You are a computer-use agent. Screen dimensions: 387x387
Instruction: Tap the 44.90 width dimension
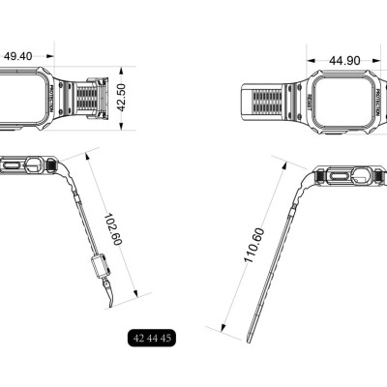(x=344, y=60)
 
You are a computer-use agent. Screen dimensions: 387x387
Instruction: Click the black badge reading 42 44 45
(x=151, y=338)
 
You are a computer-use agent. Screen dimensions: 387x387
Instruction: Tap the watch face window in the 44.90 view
(x=347, y=100)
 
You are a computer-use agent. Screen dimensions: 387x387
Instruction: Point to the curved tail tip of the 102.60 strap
(x=112, y=308)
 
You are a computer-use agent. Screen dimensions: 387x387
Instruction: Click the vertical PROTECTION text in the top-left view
(x=48, y=98)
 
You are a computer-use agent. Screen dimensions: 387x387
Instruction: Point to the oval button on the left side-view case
(x=14, y=166)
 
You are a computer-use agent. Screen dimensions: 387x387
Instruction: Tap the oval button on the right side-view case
(x=340, y=176)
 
